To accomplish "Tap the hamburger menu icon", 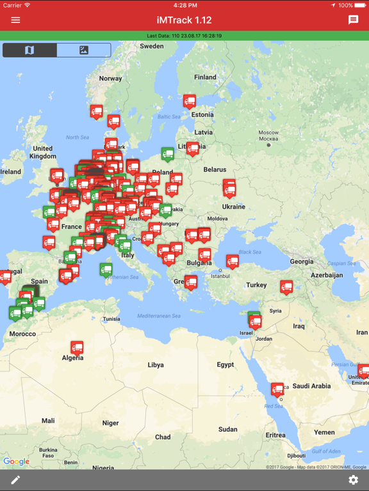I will click(15, 20).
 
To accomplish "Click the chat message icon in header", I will click(353, 20).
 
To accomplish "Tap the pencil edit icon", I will click(15, 480).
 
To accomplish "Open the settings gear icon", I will click(353, 480).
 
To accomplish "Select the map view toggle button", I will click(29, 50).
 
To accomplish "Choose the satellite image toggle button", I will click(84, 50).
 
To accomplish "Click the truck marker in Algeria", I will click(77, 348).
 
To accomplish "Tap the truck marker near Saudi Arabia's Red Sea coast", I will click(277, 389).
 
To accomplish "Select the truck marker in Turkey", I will click(286, 287).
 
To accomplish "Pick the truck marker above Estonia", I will click(190, 101).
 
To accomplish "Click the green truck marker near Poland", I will click(168, 153).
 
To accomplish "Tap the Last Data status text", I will click(184, 36).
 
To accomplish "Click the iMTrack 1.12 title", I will click(184, 20).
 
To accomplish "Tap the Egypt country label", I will click(225, 365).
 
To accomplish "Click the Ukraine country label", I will click(234, 207).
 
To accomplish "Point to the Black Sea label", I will click(250, 252).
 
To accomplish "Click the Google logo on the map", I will click(16, 462).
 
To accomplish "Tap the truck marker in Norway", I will click(96, 111).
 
